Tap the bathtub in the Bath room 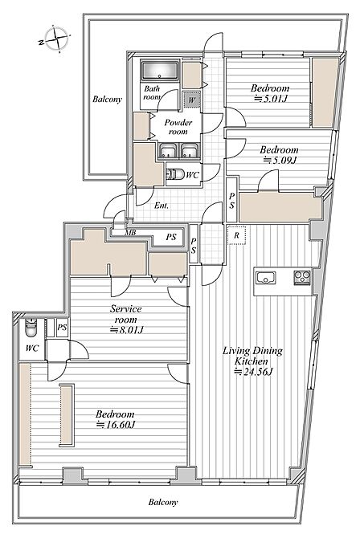160,71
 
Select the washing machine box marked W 192,100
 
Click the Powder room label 178,127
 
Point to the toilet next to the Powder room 176,174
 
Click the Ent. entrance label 161,206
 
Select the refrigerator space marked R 236,235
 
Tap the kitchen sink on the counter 266,278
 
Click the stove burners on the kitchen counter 302,278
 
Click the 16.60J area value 116,425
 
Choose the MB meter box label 130,233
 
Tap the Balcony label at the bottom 163,502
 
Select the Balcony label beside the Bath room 107,99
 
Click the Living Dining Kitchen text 252,356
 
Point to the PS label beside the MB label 171,237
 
